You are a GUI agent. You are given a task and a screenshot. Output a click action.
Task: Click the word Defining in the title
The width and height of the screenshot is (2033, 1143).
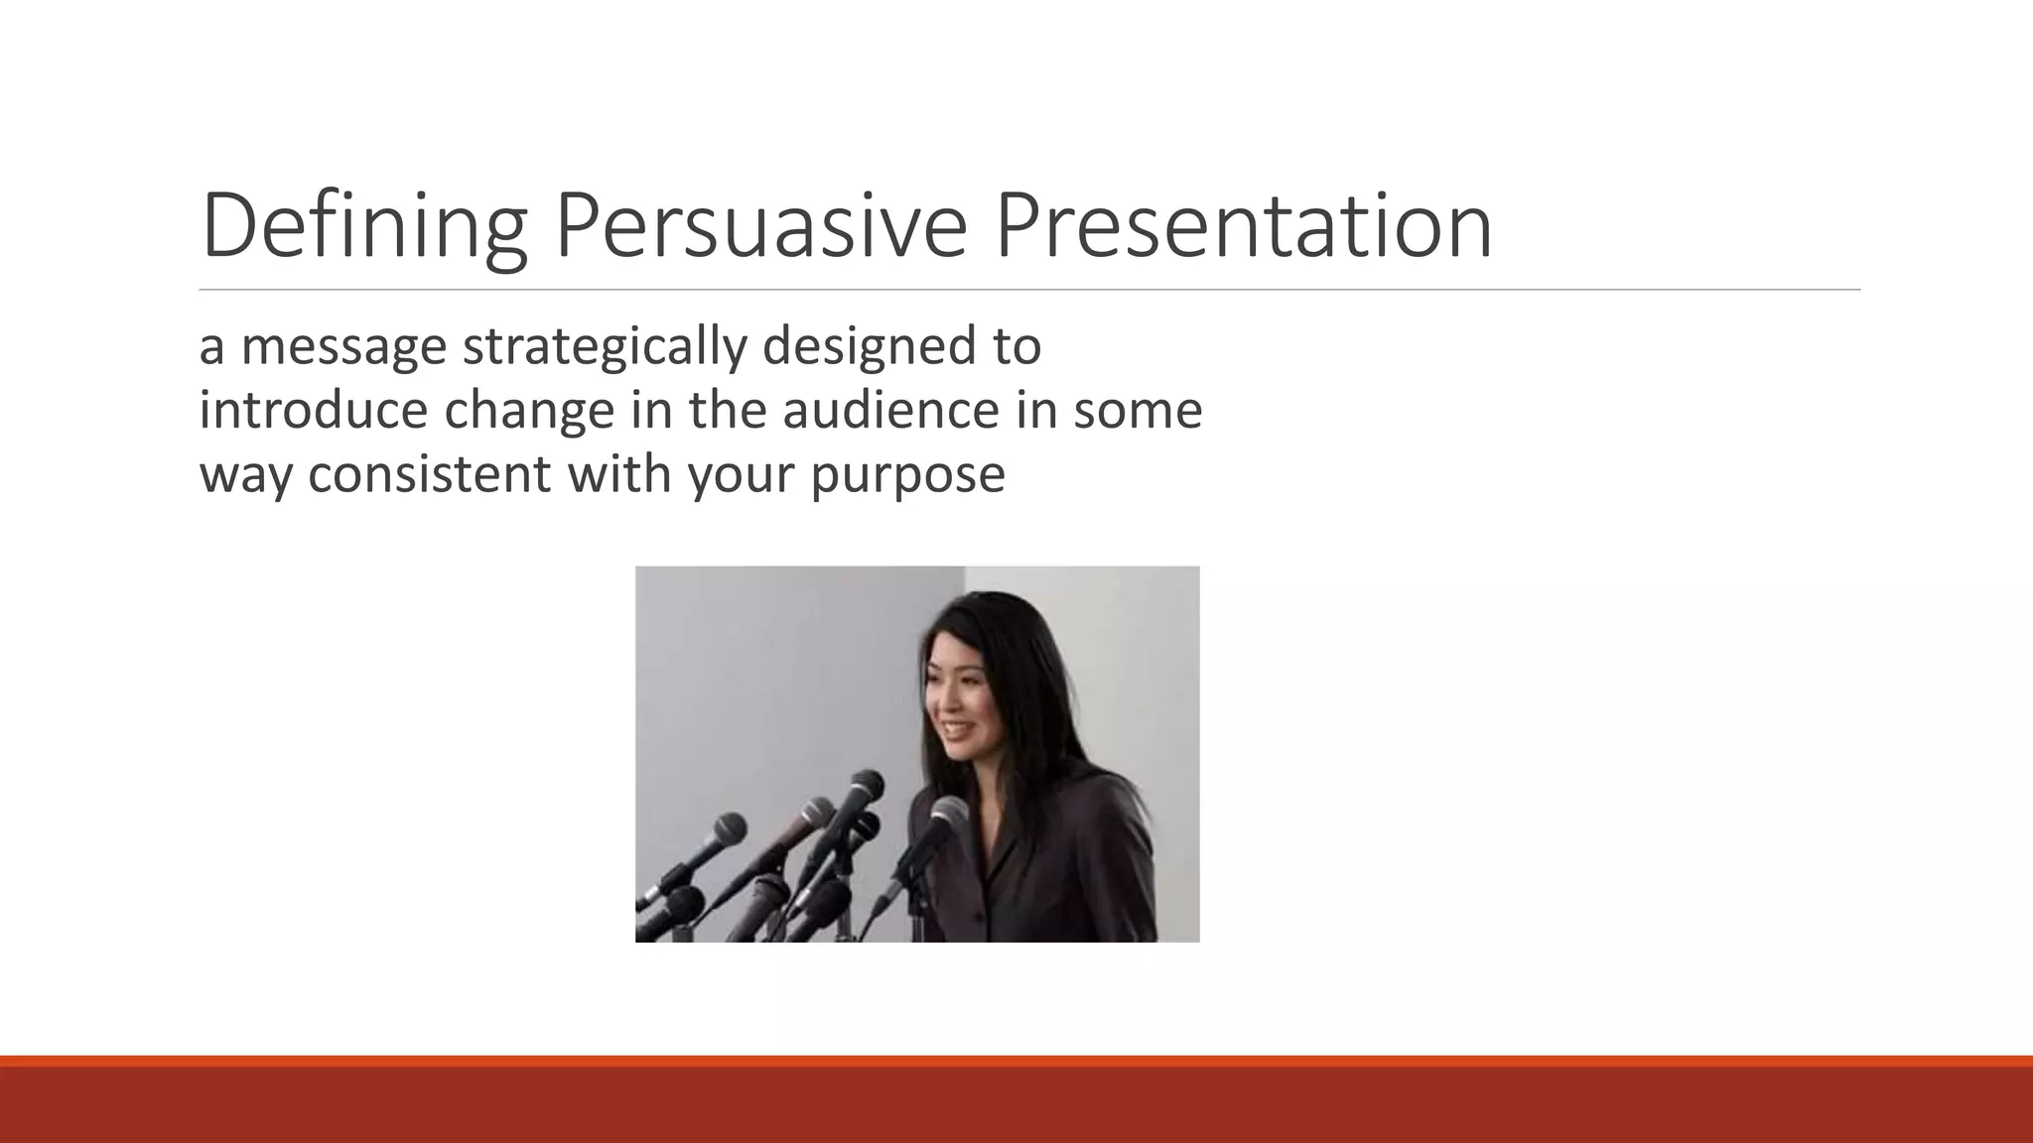click(363, 226)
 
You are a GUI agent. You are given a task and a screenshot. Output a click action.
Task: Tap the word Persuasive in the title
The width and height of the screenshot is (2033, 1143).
click(760, 226)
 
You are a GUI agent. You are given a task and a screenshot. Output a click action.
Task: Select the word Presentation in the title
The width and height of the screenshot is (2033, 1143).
click(1243, 226)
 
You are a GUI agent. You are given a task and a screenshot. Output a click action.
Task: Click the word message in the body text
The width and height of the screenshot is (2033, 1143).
click(343, 347)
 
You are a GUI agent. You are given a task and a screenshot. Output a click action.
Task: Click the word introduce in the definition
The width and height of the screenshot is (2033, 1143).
click(312, 411)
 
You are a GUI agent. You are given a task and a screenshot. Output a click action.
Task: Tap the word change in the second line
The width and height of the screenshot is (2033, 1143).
click(529, 411)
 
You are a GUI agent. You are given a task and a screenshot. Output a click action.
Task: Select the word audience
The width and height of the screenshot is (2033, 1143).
click(890, 411)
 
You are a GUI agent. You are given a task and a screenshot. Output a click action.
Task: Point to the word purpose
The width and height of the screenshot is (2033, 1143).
click(907, 474)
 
